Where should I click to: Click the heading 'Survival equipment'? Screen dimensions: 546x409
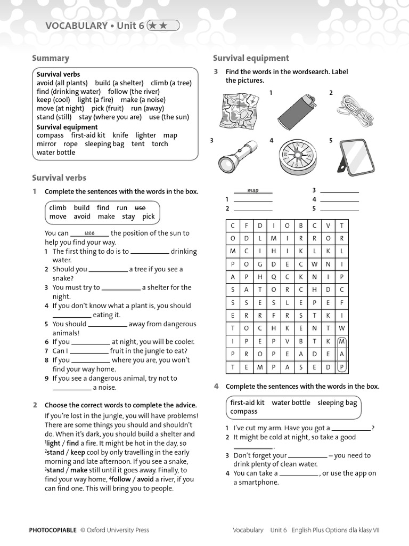[x=251, y=58]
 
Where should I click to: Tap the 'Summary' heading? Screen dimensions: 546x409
[x=51, y=58]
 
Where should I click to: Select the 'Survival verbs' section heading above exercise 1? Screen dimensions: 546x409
[x=59, y=178]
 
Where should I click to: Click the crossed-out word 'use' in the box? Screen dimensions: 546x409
[x=140, y=207]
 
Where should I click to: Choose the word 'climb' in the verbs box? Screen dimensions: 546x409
[x=58, y=207]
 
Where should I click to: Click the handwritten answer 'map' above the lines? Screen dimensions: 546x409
[x=253, y=190]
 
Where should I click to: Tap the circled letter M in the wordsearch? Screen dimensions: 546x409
[x=342, y=341]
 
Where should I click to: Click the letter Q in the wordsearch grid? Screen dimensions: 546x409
[x=273, y=277]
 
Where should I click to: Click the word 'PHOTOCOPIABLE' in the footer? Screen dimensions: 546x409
[x=53, y=530]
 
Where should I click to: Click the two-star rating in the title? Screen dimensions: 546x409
[x=163, y=25]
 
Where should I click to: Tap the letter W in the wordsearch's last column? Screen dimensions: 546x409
[x=342, y=328]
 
